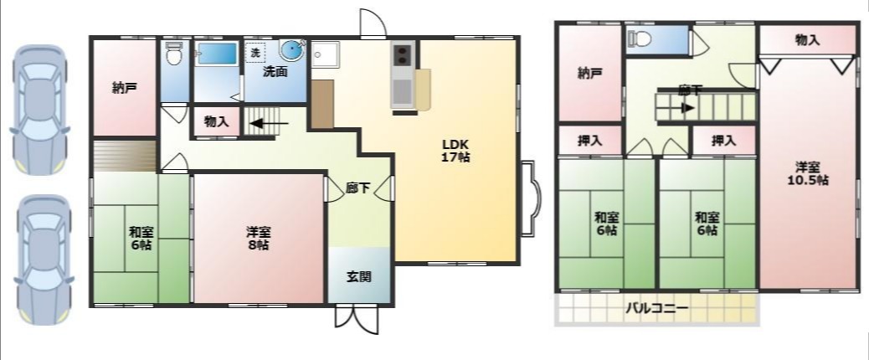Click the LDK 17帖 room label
coord(456,150)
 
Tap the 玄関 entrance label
coord(358,277)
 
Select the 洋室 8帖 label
coord(258,238)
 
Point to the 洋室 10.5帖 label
coord(809,173)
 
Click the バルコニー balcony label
coord(657,308)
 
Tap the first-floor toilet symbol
coord(174,54)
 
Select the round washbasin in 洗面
coord(292,50)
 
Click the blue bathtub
coord(218,54)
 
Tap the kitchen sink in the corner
coord(325,54)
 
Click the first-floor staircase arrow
coord(269,123)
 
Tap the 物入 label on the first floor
coord(216,122)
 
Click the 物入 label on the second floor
coord(807,40)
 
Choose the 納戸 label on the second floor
coord(590,74)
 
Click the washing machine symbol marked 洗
coord(255,54)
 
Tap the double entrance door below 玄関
coord(357,320)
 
